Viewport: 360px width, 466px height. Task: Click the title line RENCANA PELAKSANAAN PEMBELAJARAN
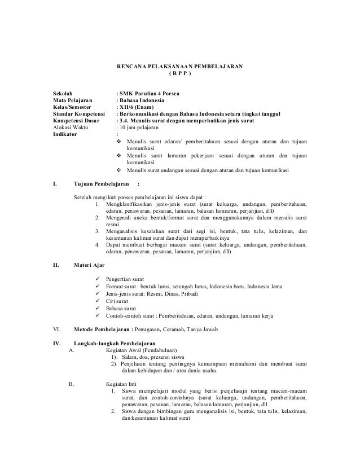pos(179,67)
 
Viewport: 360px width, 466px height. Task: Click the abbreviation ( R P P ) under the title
pos(180,74)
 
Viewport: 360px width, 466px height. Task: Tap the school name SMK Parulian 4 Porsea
pos(148,90)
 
